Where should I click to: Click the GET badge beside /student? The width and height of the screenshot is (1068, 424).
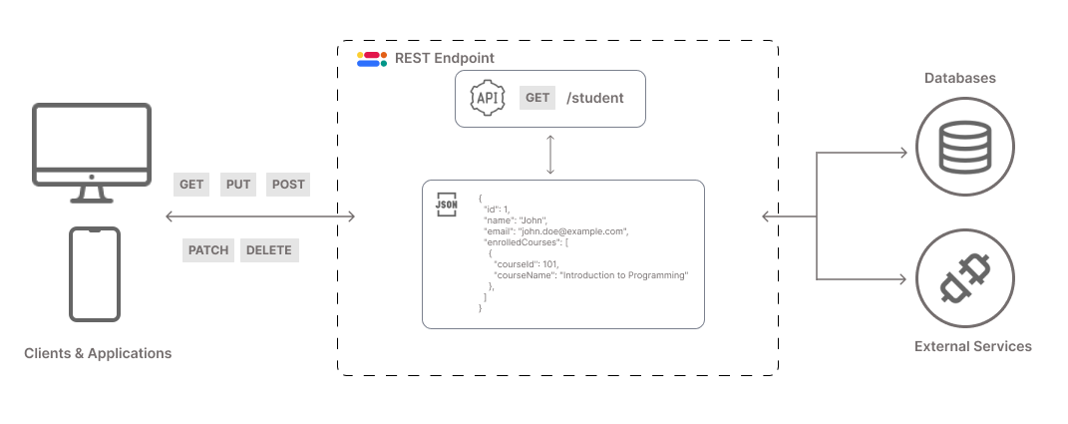537,98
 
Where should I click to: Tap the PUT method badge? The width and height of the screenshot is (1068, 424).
238,185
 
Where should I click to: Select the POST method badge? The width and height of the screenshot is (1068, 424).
288,185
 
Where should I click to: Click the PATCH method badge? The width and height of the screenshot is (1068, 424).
207,250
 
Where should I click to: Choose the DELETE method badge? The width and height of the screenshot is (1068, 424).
269,250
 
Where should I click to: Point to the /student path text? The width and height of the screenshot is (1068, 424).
594,98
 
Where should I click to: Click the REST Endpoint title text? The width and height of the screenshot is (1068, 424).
444,59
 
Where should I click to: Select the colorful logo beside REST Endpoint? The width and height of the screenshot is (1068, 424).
372,59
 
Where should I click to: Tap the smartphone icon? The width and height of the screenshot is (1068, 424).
95,274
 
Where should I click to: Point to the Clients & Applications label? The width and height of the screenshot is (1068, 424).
98,353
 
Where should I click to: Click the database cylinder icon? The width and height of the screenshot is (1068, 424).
964,147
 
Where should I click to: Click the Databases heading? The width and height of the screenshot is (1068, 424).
959,78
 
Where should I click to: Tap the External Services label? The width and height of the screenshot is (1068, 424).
972,346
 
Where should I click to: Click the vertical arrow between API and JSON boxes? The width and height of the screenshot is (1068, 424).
549,154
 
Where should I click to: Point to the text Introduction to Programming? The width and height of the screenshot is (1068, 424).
624,274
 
